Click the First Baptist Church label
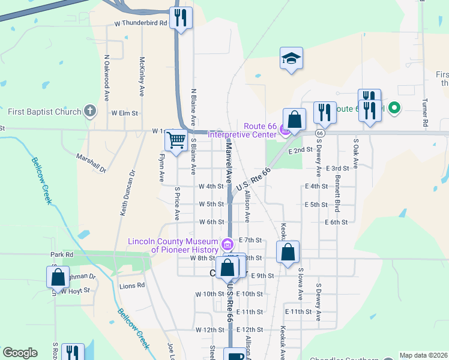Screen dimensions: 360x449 pos(44,112)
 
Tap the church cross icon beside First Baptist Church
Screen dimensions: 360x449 pos(90,111)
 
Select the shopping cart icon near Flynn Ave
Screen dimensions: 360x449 pos(176,141)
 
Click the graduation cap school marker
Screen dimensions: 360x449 pos(291,58)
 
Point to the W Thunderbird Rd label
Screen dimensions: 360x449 pos(140,23)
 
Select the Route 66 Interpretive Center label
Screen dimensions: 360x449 pos(244,130)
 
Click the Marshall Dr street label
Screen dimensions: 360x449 pos(91,163)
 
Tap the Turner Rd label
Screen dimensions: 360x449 pos(425,112)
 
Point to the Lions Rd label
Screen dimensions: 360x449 pos(132,286)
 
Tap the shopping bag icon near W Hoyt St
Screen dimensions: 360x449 pos(58,278)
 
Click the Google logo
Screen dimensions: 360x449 pos(20,353)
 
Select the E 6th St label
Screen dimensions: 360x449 pos(336,222)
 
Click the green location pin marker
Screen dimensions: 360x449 pos(394,108)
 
